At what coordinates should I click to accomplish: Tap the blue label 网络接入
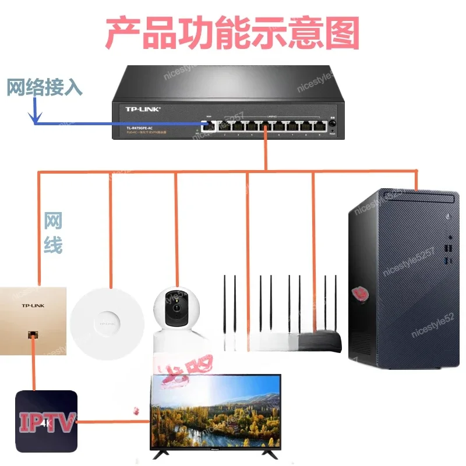[x=44, y=87]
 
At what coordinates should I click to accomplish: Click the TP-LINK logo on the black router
[x=143, y=109]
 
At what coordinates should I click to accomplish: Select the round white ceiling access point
[x=107, y=319]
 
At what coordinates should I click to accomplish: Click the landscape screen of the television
[x=216, y=411]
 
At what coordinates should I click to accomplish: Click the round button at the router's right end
[x=333, y=124]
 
